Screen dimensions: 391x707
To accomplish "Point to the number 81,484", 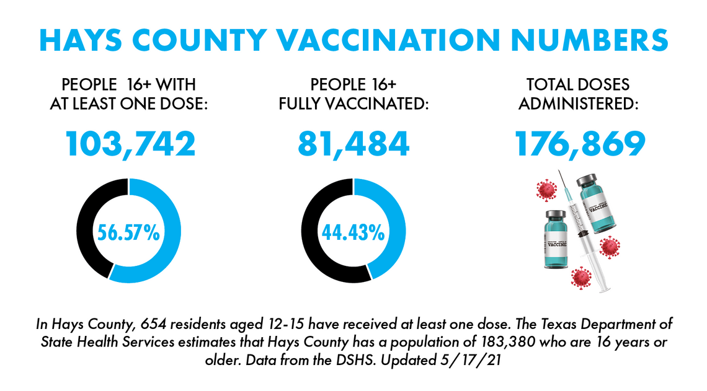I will [353, 144].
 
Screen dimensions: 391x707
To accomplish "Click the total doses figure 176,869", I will [580, 144].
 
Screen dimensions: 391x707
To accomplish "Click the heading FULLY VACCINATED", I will [353, 102].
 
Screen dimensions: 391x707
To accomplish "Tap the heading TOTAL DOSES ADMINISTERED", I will [578, 93].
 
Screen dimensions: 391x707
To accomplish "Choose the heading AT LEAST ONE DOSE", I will [129, 102].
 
